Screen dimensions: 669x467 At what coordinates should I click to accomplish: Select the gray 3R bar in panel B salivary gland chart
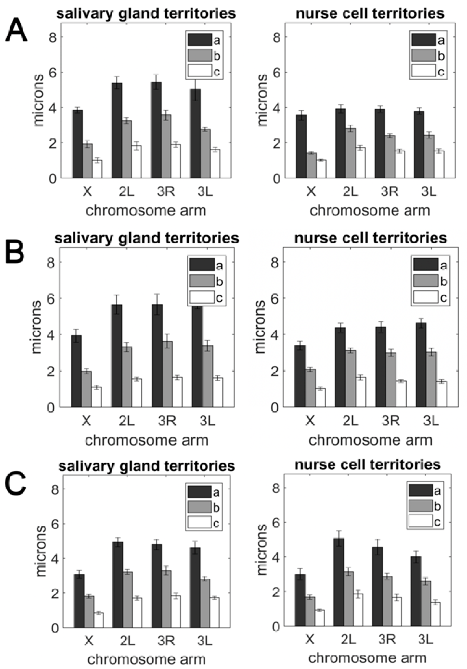tap(167, 374)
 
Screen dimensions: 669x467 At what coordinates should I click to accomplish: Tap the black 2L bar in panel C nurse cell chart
tap(339, 583)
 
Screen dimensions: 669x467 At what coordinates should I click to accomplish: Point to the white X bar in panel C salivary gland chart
tap(99, 620)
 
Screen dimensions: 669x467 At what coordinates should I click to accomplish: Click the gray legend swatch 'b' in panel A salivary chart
tap(200, 55)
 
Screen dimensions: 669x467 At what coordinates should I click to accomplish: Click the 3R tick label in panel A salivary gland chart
tap(166, 192)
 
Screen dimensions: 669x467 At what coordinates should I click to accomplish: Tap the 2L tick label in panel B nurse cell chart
tap(350, 421)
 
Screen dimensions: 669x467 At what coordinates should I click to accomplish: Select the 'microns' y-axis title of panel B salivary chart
tap(36, 327)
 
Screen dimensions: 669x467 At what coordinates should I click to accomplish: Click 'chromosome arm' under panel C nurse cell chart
tap(367, 658)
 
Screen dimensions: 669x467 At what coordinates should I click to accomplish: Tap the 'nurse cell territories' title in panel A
tap(370, 14)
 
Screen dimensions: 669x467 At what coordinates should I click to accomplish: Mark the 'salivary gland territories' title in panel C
tap(147, 466)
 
